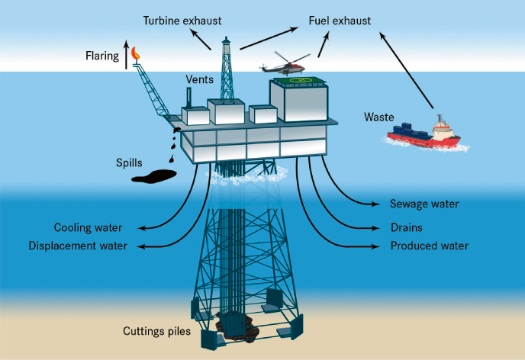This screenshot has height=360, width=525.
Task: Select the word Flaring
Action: coord(103,56)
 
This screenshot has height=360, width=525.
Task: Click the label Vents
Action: coord(199,79)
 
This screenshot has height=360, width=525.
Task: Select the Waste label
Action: coord(379,117)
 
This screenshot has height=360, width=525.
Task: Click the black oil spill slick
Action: coord(155,177)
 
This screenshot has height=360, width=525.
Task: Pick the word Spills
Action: coord(130,162)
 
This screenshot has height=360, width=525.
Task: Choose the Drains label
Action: coord(406,227)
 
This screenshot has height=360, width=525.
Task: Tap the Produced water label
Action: coord(429,246)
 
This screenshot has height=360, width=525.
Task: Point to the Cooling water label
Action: coord(89,227)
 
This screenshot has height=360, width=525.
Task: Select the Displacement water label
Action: coord(78,246)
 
